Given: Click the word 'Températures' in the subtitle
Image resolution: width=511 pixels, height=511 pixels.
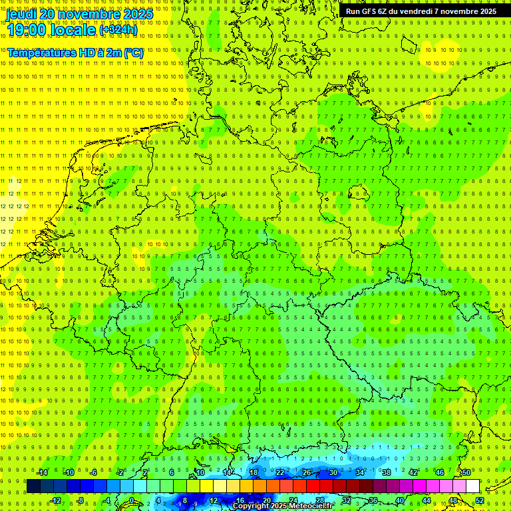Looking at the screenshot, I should tap(41, 53).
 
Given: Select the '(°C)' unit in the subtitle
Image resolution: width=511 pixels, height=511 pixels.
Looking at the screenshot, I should tap(134, 53).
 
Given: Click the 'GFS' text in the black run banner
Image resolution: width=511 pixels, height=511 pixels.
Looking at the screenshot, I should tap(371, 11).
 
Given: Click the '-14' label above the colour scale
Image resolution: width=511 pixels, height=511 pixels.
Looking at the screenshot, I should tap(42, 472).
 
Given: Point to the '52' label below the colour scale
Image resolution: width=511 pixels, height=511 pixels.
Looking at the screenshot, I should tap(480, 500).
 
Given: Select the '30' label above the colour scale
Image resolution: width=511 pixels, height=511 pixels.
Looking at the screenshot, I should tap(333, 472).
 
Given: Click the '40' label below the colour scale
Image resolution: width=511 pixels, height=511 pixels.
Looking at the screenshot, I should tap(400, 500).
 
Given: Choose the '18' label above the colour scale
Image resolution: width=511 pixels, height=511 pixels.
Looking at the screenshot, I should tap(254, 472).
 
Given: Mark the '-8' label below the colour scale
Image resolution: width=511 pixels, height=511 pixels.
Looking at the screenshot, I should tap(81, 500).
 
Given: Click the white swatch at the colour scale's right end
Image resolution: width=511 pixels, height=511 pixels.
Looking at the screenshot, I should tap(473, 486).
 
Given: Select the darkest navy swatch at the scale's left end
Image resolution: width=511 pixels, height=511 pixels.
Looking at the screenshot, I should tap(33, 486).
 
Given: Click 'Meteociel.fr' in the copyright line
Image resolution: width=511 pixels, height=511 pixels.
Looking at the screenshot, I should tap(310, 506).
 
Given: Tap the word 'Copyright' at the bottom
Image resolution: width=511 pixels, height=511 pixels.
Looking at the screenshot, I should tap(250, 506).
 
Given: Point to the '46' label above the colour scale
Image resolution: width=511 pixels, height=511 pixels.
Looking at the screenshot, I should tap(440, 472).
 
